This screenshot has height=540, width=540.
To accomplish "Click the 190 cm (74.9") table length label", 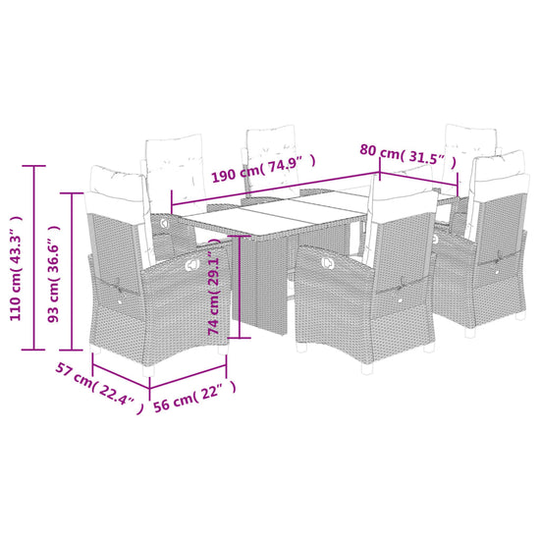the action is pos(263,169).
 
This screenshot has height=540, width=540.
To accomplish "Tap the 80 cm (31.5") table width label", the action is pos(408,156).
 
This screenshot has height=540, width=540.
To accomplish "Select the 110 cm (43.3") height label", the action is pos(16,269).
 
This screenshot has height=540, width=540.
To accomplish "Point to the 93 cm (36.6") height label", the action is pos(54,274).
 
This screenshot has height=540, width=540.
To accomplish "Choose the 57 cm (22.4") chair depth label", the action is pos(99,388).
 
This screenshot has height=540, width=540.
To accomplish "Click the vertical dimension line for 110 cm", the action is pos(33,257).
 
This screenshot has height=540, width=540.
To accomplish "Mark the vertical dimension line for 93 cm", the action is pos(72,271).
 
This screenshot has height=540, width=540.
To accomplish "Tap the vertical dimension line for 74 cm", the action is pos(239,287).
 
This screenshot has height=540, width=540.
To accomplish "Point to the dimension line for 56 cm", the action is pos(189,377).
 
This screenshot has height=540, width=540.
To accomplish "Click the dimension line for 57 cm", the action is pos(121,377).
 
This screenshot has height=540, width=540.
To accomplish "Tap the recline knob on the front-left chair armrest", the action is pos(191,264).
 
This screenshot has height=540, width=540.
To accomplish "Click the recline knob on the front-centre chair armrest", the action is pos(328,263).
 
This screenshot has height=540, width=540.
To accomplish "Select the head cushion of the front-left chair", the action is pos(117,183).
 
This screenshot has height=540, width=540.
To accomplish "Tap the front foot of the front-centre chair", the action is pos(367,369).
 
